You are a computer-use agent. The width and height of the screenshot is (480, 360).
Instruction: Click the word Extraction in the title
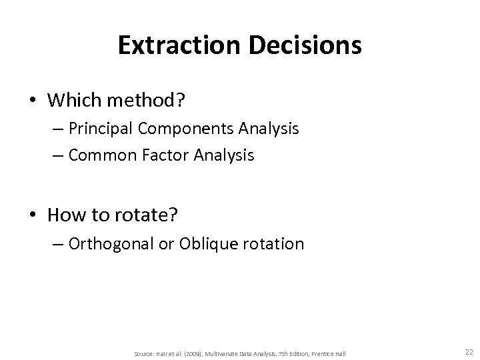pos(173,45)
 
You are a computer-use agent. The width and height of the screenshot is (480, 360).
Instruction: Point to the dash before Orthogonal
pos(57,244)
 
